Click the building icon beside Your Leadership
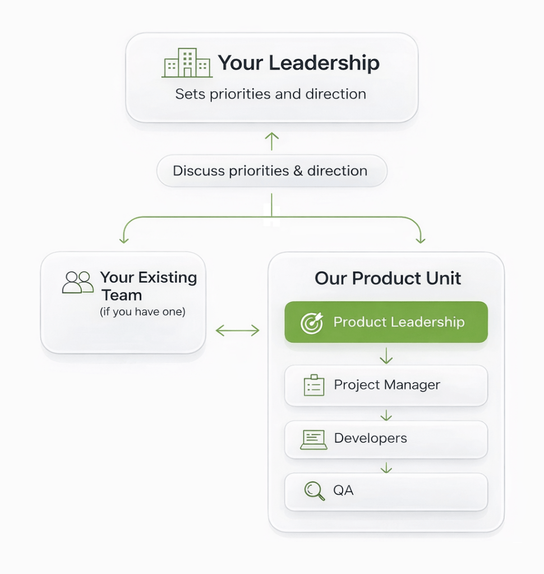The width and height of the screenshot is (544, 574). (187, 63)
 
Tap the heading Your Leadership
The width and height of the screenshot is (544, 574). (298, 63)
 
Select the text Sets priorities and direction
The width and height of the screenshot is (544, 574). (270, 94)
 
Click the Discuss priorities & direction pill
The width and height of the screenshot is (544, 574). (271, 171)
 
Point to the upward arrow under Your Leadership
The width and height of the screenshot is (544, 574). (271, 141)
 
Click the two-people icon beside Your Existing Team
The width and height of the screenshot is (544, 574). (78, 283)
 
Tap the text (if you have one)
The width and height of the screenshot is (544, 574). (142, 312)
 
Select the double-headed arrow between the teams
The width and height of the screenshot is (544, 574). (237, 331)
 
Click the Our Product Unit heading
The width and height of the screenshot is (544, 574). (388, 278)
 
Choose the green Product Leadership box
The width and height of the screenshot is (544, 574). (386, 322)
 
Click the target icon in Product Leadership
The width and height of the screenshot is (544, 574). (312, 323)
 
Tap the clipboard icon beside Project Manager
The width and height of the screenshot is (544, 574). (314, 385)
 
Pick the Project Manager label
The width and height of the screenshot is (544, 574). (387, 385)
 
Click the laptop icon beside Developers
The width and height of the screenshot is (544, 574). (314, 439)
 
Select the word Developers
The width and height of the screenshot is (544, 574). (370, 438)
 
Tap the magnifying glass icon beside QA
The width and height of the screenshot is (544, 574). (314, 491)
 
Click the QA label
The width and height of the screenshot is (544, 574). (343, 490)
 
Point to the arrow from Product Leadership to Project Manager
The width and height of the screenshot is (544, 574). (386, 355)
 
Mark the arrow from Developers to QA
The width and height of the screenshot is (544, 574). (386, 466)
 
